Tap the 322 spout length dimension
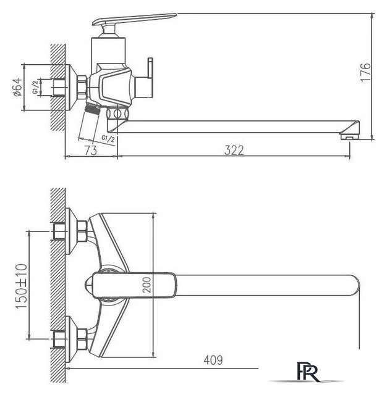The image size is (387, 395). click(x=234, y=149)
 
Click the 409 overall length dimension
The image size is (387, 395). click(x=212, y=359)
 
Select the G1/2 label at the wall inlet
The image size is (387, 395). click(x=35, y=88)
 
